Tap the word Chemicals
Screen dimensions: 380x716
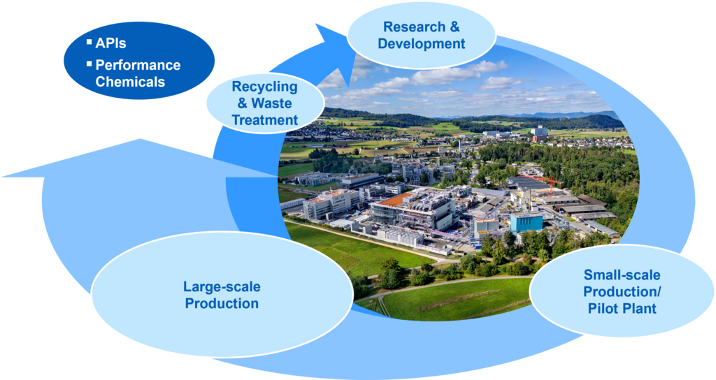[130, 82]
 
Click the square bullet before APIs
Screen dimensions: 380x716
[89, 43]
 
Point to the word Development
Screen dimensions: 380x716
[421, 44]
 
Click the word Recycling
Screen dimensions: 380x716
[264, 87]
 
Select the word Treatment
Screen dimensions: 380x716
[265, 119]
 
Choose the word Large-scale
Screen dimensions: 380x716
[221, 286]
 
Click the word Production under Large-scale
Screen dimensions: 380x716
[221, 303]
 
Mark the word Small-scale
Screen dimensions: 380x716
[622, 275]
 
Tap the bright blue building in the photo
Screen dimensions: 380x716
[526, 222]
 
